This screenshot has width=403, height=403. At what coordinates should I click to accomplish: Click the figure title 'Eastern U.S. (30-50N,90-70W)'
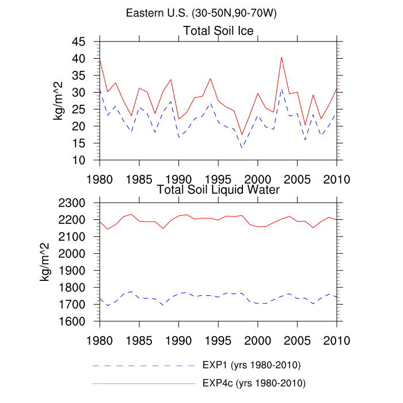coord(201,13)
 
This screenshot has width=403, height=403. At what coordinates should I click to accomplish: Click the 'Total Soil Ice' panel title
coord(218,30)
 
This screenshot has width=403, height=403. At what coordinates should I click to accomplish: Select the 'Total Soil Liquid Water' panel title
coord(218,189)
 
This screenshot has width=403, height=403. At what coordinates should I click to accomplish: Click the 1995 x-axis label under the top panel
coord(218,178)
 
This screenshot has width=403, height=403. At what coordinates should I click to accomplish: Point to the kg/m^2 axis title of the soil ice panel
coord(58,101)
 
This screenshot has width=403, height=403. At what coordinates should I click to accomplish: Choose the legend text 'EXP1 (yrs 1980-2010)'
coord(252,365)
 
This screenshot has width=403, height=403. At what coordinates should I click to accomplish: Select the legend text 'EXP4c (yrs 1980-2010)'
coord(254,382)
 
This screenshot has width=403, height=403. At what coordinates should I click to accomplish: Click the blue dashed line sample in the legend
coord(143,365)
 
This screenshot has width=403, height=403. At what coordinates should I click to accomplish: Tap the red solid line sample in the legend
coord(143,382)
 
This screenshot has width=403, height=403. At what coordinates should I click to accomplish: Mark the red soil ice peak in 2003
coord(282,57)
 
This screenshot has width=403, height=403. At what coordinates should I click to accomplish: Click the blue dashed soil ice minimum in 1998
coord(242,147)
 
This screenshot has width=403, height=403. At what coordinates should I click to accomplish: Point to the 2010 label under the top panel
coord(337,178)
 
